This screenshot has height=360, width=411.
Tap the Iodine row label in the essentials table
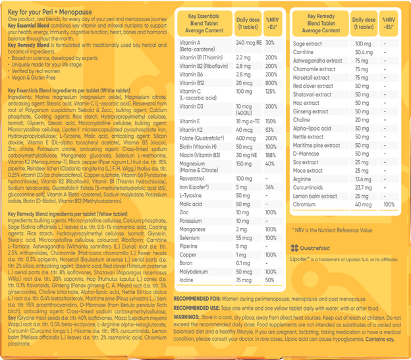tap(188, 280)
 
